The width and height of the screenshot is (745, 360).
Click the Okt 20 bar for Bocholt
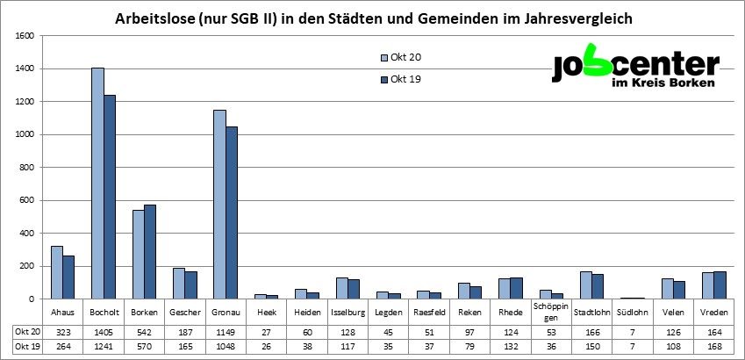coord(97,184)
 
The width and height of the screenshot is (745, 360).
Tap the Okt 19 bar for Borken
coord(150,252)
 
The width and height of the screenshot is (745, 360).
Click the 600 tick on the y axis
coord(26,200)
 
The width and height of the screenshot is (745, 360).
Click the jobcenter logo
coord(634,68)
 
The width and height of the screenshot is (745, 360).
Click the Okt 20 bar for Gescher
coord(179,283)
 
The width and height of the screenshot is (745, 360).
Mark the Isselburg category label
coord(348,313)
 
